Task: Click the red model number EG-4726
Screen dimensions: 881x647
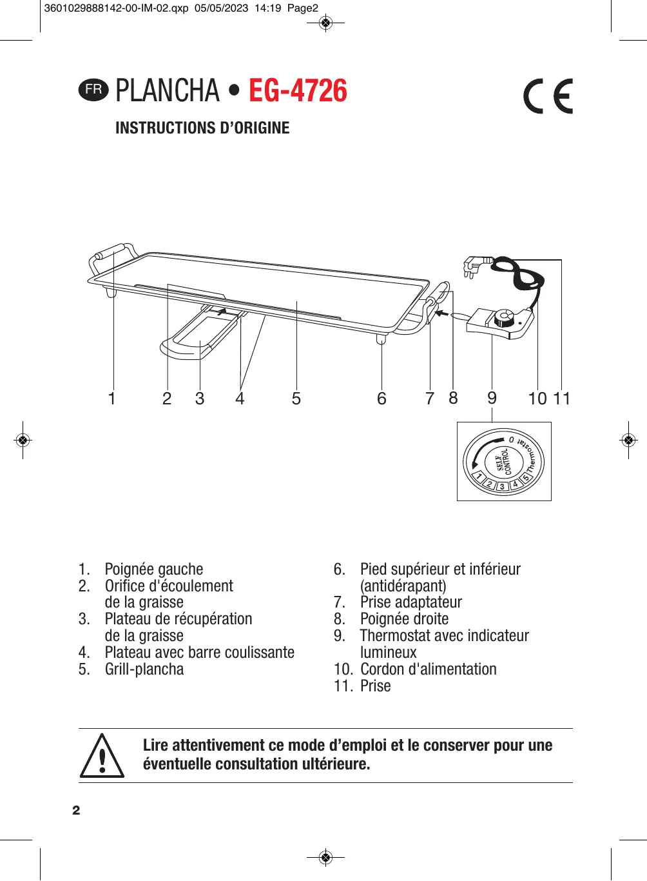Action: coord(298,91)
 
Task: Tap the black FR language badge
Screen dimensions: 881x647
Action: coord(93,90)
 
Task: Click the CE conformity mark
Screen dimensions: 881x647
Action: coord(548,97)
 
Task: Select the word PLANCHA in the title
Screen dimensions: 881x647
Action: coord(168,91)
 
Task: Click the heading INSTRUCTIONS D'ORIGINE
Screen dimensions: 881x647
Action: coord(202,128)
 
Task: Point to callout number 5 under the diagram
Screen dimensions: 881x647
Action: coord(296,399)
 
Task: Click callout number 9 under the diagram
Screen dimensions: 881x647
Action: coord(492,398)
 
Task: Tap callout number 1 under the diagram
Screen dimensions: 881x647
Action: coord(112,399)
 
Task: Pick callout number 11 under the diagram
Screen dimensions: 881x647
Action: coord(562,399)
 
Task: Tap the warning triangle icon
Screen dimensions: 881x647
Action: coord(102,756)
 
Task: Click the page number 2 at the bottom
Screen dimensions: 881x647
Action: coord(76,810)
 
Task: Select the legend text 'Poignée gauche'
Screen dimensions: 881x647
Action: coord(154,569)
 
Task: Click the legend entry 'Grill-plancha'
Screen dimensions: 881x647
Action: coord(144,669)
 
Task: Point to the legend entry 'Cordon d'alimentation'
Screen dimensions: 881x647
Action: coord(429,669)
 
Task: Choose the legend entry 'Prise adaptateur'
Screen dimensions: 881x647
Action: coord(411,602)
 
